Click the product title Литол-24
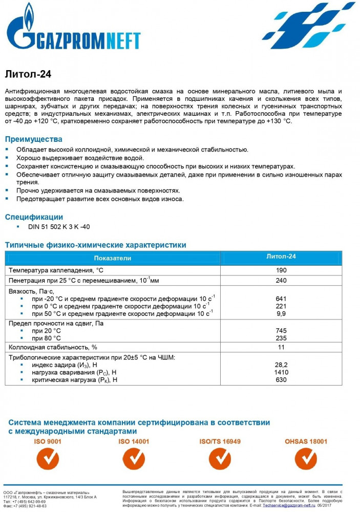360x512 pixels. click(28, 73)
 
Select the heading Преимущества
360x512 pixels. click(33, 139)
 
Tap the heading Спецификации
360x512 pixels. click(34, 217)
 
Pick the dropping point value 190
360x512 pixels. click(281, 270)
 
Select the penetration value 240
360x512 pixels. click(281, 281)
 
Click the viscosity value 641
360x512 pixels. click(281, 298)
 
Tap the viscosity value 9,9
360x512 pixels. click(281, 313)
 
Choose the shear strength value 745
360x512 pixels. click(281, 331)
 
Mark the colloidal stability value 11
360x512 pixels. click(281, 348)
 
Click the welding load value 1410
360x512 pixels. click(281, 372)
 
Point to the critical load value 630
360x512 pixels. click(281, 380)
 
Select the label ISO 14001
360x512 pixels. click(134, 441)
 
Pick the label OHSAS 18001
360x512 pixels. click(306, 441)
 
